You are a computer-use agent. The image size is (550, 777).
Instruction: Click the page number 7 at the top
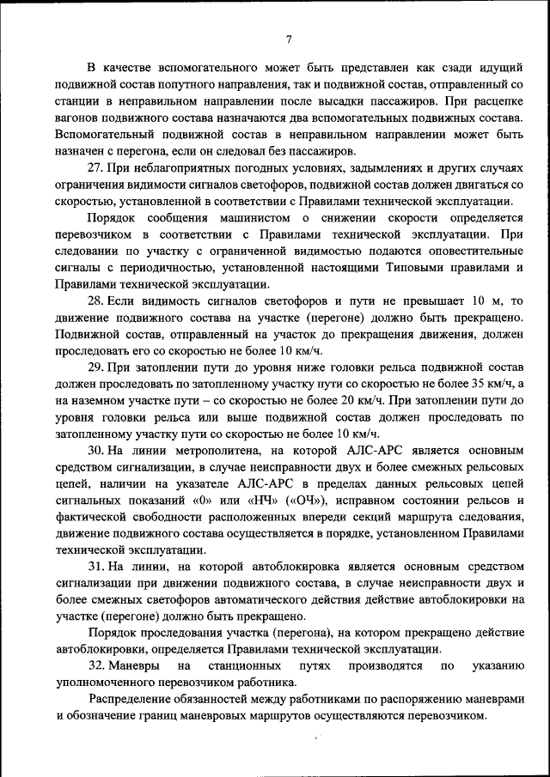[289, 39]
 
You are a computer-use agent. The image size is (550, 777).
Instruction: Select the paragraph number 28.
[96, 301]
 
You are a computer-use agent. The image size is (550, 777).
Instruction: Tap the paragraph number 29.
[96, 367]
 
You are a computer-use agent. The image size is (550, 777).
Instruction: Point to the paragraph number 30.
[96, 449]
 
